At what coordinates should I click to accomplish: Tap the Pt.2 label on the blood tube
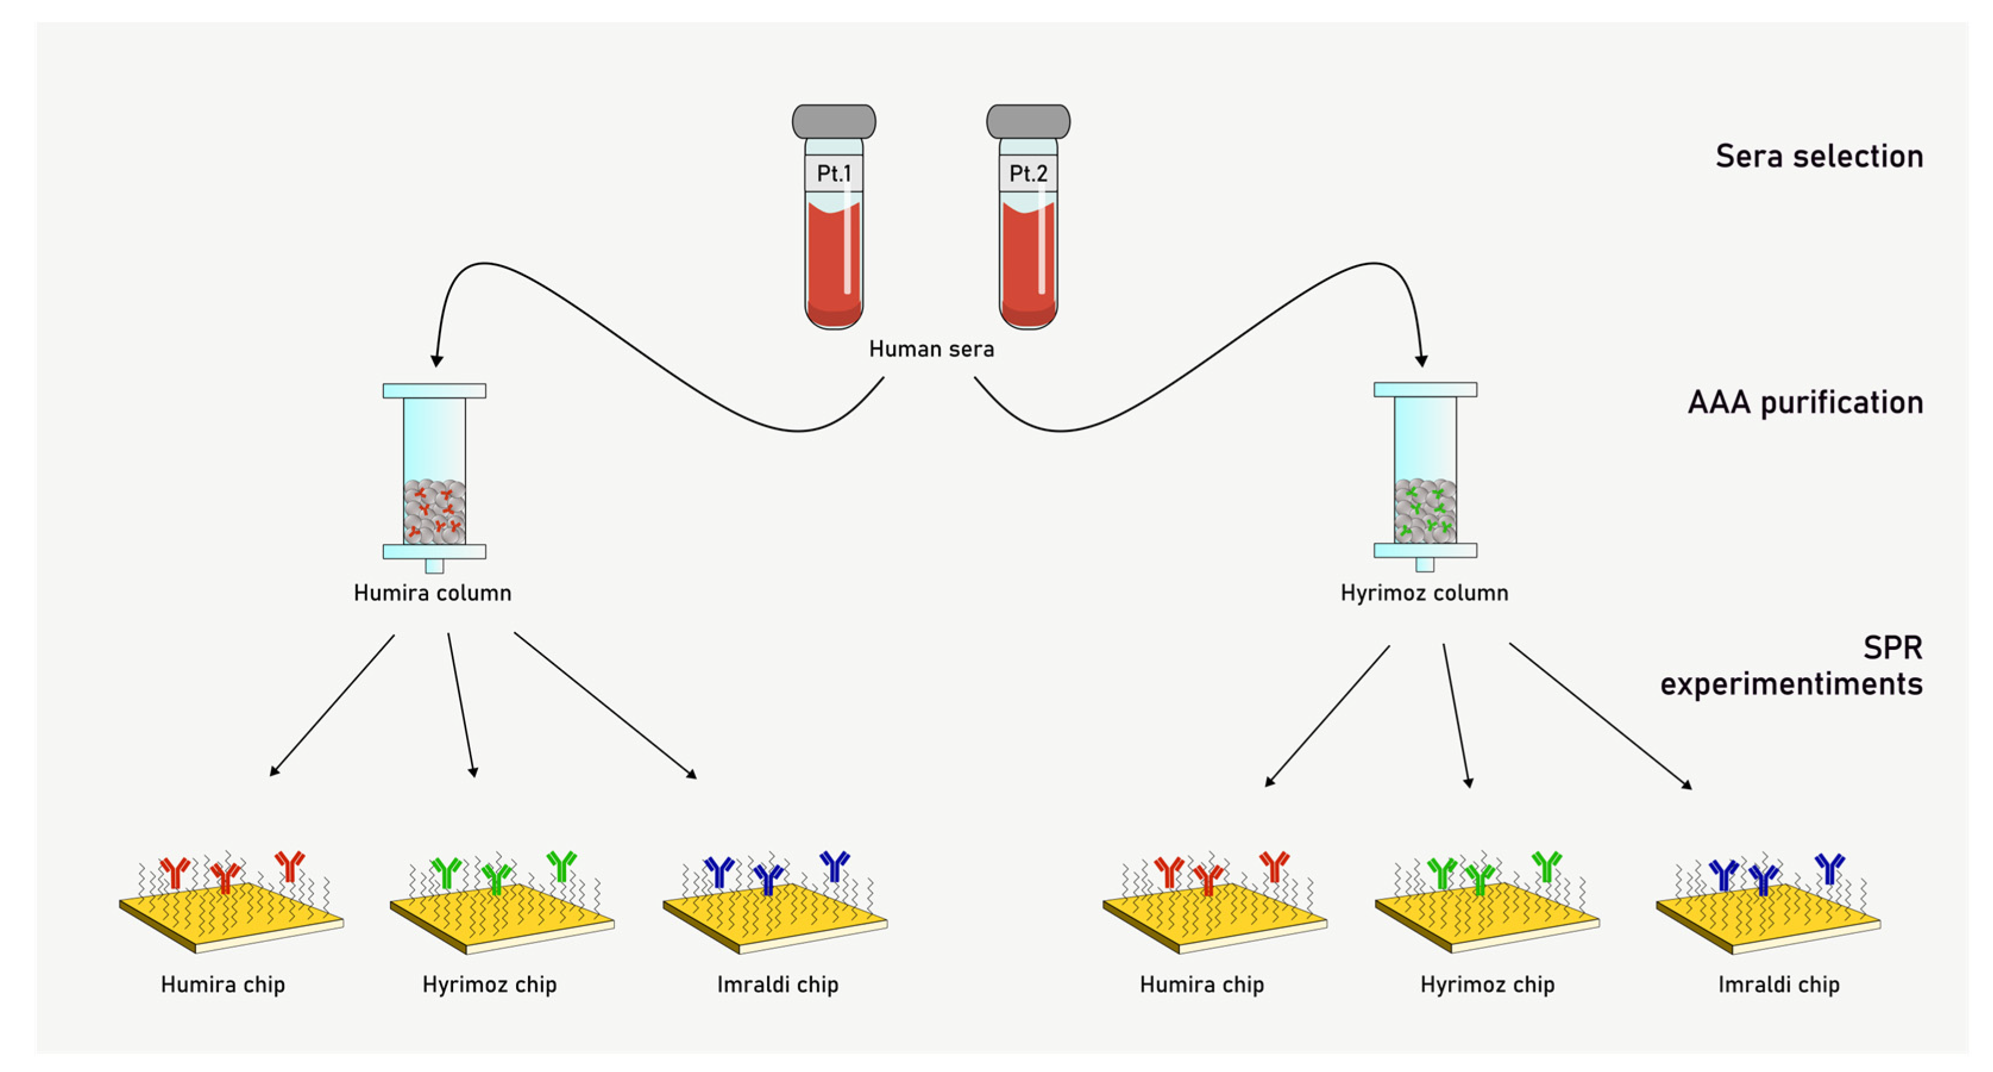click(1027, 173)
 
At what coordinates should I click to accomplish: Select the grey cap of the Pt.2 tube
click(1027, 121)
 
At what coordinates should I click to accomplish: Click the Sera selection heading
click(1818, 156)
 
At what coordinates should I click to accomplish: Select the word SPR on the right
click(1892, 647)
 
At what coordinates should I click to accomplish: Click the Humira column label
click(432, 593)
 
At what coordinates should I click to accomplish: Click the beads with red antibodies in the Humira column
click(434, 511)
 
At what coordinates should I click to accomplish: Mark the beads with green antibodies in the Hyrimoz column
click(1425, 511)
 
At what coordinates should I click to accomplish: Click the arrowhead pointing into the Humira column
click(436, 360)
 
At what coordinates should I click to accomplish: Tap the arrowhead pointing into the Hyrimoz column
click(1421, 360)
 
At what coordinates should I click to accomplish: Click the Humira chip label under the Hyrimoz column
click(1201, 985)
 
